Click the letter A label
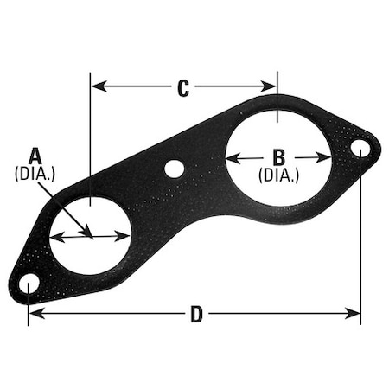(35, 156)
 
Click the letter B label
(278, 156)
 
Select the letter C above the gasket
(183, 87)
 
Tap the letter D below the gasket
(196, 316)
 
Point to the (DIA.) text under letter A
(35, 173)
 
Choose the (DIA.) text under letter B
(278, 174)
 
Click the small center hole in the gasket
(175, 169)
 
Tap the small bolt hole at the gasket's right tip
(360, 150)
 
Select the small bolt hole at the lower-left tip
(29, 284)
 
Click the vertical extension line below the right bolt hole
(360, 242)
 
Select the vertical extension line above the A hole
(91, 138)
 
